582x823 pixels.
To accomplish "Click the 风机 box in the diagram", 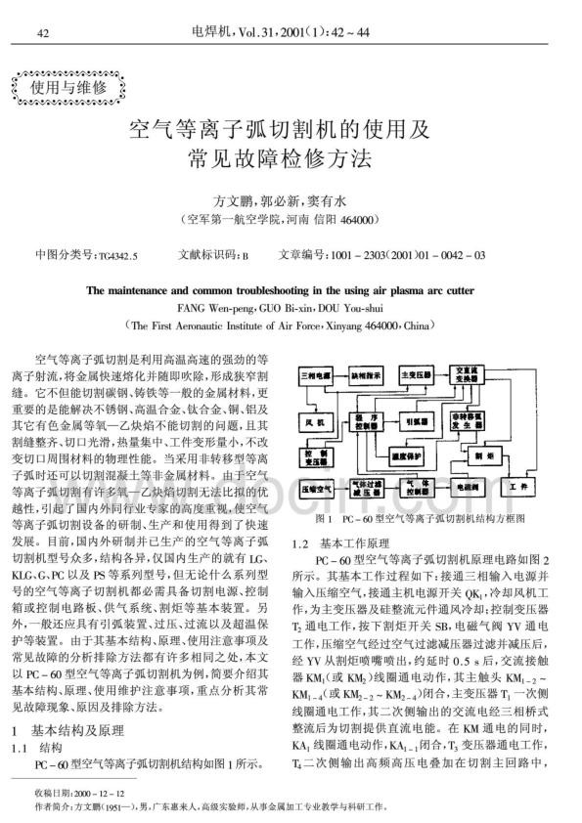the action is (316, 424).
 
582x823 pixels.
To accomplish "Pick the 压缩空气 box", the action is (319, 485).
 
